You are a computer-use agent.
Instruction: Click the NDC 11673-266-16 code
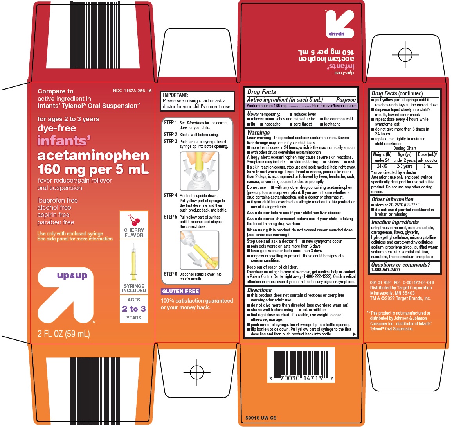point(132,91)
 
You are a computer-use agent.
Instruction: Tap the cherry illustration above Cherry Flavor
point(134,220)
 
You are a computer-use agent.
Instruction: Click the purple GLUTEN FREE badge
point(180,291)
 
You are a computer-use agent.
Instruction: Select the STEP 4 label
point(171,196)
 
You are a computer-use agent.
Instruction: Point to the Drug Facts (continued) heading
point(397,93)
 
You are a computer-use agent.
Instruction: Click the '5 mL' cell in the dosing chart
point(427,166)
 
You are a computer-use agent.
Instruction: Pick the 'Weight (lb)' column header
point(382,154)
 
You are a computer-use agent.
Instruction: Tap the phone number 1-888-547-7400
point(385,270)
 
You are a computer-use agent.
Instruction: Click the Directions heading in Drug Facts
point(259,290)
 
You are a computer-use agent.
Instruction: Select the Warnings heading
point(258,133)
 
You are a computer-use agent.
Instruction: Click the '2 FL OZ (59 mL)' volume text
point(64,334)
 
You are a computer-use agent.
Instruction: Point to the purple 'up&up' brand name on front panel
point(72,276)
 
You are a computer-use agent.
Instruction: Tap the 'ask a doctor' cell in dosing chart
point(427,160)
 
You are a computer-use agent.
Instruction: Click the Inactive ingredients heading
point(395,222)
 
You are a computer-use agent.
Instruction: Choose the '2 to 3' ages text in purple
point(134,309)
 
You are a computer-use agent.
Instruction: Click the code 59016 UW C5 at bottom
point(261,418)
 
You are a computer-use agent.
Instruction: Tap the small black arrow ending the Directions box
point(354,334)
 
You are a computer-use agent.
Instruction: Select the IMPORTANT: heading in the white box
point(175,95)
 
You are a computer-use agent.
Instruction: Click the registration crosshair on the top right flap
point(405,54)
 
